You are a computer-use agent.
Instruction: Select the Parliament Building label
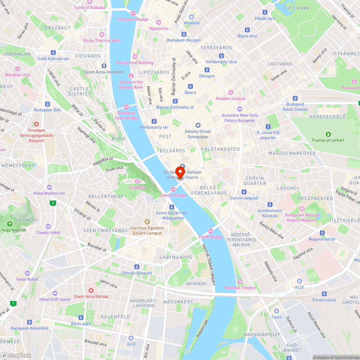pyautogui.click(x=135, y=63)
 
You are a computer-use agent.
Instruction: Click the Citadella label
pyautogui.click(x=138, y=187)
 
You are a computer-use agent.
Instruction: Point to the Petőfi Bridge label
pyautogui.click(x=211, y=237)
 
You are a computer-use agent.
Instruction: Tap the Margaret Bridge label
pyautogui.click(x=133, y=19)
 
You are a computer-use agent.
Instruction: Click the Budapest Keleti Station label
pyautogui.click(x=295, y=107)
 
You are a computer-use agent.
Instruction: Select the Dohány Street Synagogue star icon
pyautogui.click(x=198, y=125)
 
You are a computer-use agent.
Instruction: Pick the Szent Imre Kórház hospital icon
pyautogui.click(x=91, y=290)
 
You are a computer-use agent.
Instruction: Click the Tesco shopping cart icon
pyautogui.click(x=276, y=311)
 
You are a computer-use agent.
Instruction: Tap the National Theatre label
pyautogui.click(x=240, y=288)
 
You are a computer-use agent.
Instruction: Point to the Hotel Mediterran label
pyautogui.click(x=49, y=193)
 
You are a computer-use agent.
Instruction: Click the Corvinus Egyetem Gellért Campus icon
pyautogui.click(x=147, y=222)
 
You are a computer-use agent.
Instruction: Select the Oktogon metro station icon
pyautogui.click(x=207, y=70)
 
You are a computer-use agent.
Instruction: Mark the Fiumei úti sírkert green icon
pyautogui.click(x=328, y=134)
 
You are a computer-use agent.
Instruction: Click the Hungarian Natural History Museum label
pyautogui.click(x=302, y=217)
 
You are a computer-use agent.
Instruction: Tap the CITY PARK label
pyautogui.click(x=297, y=8)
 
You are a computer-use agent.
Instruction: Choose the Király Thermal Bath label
pyautogui.click(x=102, y=40)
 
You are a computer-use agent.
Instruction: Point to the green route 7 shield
pyautogui.click(x=53, y=203)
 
